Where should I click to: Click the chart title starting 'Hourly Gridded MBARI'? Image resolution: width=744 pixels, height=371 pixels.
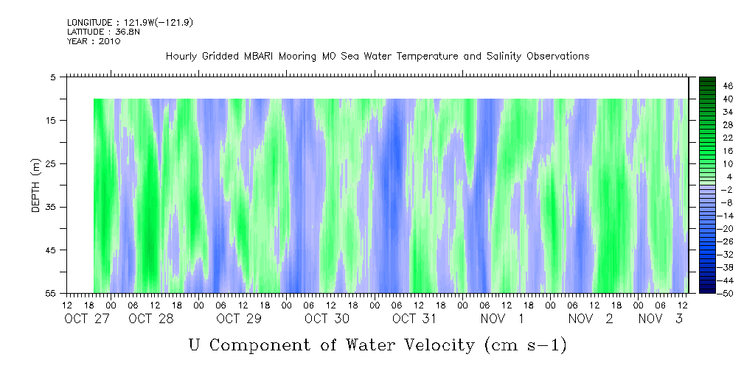pos(377,56)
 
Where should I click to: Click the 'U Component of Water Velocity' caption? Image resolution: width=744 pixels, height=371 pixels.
pos(377,344)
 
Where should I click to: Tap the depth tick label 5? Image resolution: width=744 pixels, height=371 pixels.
pos(53,77)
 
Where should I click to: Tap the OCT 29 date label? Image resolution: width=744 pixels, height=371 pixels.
pos(239,319)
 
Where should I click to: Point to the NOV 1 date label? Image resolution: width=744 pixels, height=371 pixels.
pos(502,319)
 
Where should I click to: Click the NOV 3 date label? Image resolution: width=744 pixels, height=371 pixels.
pos(660,319)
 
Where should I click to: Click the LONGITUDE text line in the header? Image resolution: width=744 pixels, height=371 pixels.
pos(119,23)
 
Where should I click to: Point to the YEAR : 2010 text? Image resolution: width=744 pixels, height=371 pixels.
pos(94,41)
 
